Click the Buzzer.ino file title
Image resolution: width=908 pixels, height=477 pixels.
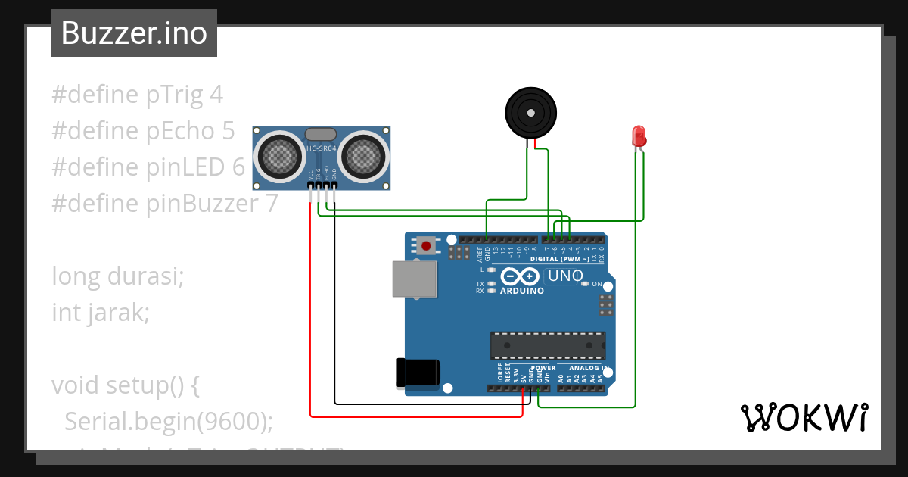tap(134, 33)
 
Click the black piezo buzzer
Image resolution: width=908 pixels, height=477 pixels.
tap(531, 113)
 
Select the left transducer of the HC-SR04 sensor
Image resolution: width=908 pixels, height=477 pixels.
tap(281, 156)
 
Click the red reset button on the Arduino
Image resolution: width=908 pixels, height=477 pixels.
tap(426, 245)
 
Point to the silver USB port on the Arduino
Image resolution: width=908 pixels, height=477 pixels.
tap(414, 279)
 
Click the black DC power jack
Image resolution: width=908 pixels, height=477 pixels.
tap(418, 372)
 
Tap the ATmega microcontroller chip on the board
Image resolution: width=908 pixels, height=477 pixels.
tap(548, 344)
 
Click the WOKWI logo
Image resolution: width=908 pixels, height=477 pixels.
tap(804, 417)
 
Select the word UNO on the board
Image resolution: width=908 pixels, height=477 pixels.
tap(564, 276)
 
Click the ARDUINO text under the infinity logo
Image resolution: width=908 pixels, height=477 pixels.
tap(522, 291)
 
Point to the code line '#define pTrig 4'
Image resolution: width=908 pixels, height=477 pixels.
tap(137, 95)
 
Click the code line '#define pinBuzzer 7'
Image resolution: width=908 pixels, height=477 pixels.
tap(165, 204)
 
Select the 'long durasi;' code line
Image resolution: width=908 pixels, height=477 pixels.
tap(118, 276)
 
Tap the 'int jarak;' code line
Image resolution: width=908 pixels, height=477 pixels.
tap(101, 312)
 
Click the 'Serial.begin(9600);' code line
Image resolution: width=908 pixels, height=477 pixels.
tap(168, 421)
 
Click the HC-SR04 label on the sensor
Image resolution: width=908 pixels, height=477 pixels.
tap(321, 148)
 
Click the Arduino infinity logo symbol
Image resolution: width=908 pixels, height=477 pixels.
tap(519, 277)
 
